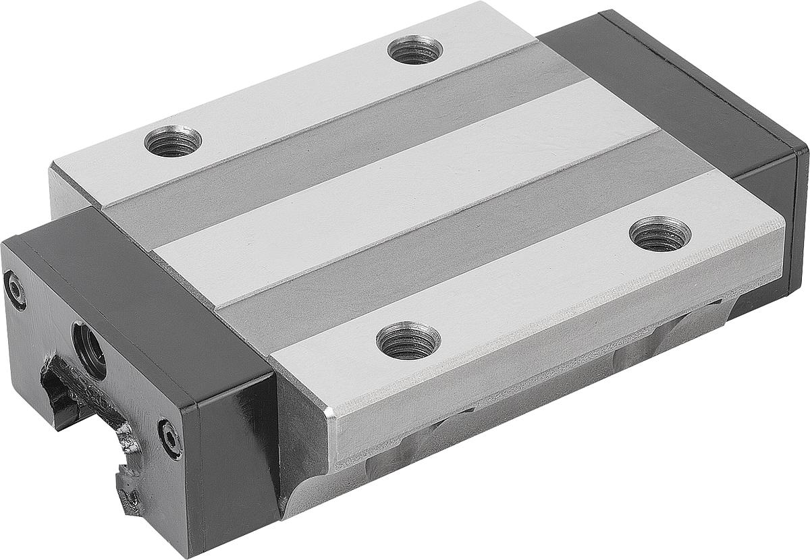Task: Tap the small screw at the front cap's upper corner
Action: [14, 289]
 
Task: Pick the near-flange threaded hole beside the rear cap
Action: [659, 233]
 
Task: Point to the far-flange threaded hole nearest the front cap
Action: [173, 141]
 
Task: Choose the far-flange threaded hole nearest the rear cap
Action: [415, 49]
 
